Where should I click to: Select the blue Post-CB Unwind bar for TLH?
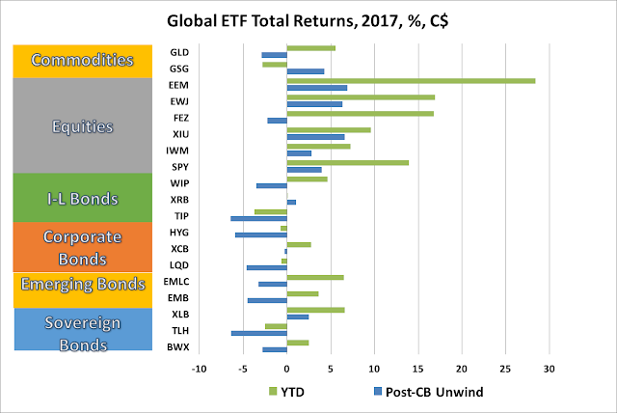[259, 333]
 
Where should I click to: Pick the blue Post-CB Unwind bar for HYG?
[261, 234]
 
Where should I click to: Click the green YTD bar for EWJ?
[361, 96]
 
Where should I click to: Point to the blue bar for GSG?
[306, 71]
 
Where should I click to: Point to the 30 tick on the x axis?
[550, 369]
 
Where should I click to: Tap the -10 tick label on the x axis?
[199, 369]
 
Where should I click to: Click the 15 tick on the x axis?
[418, 369]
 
